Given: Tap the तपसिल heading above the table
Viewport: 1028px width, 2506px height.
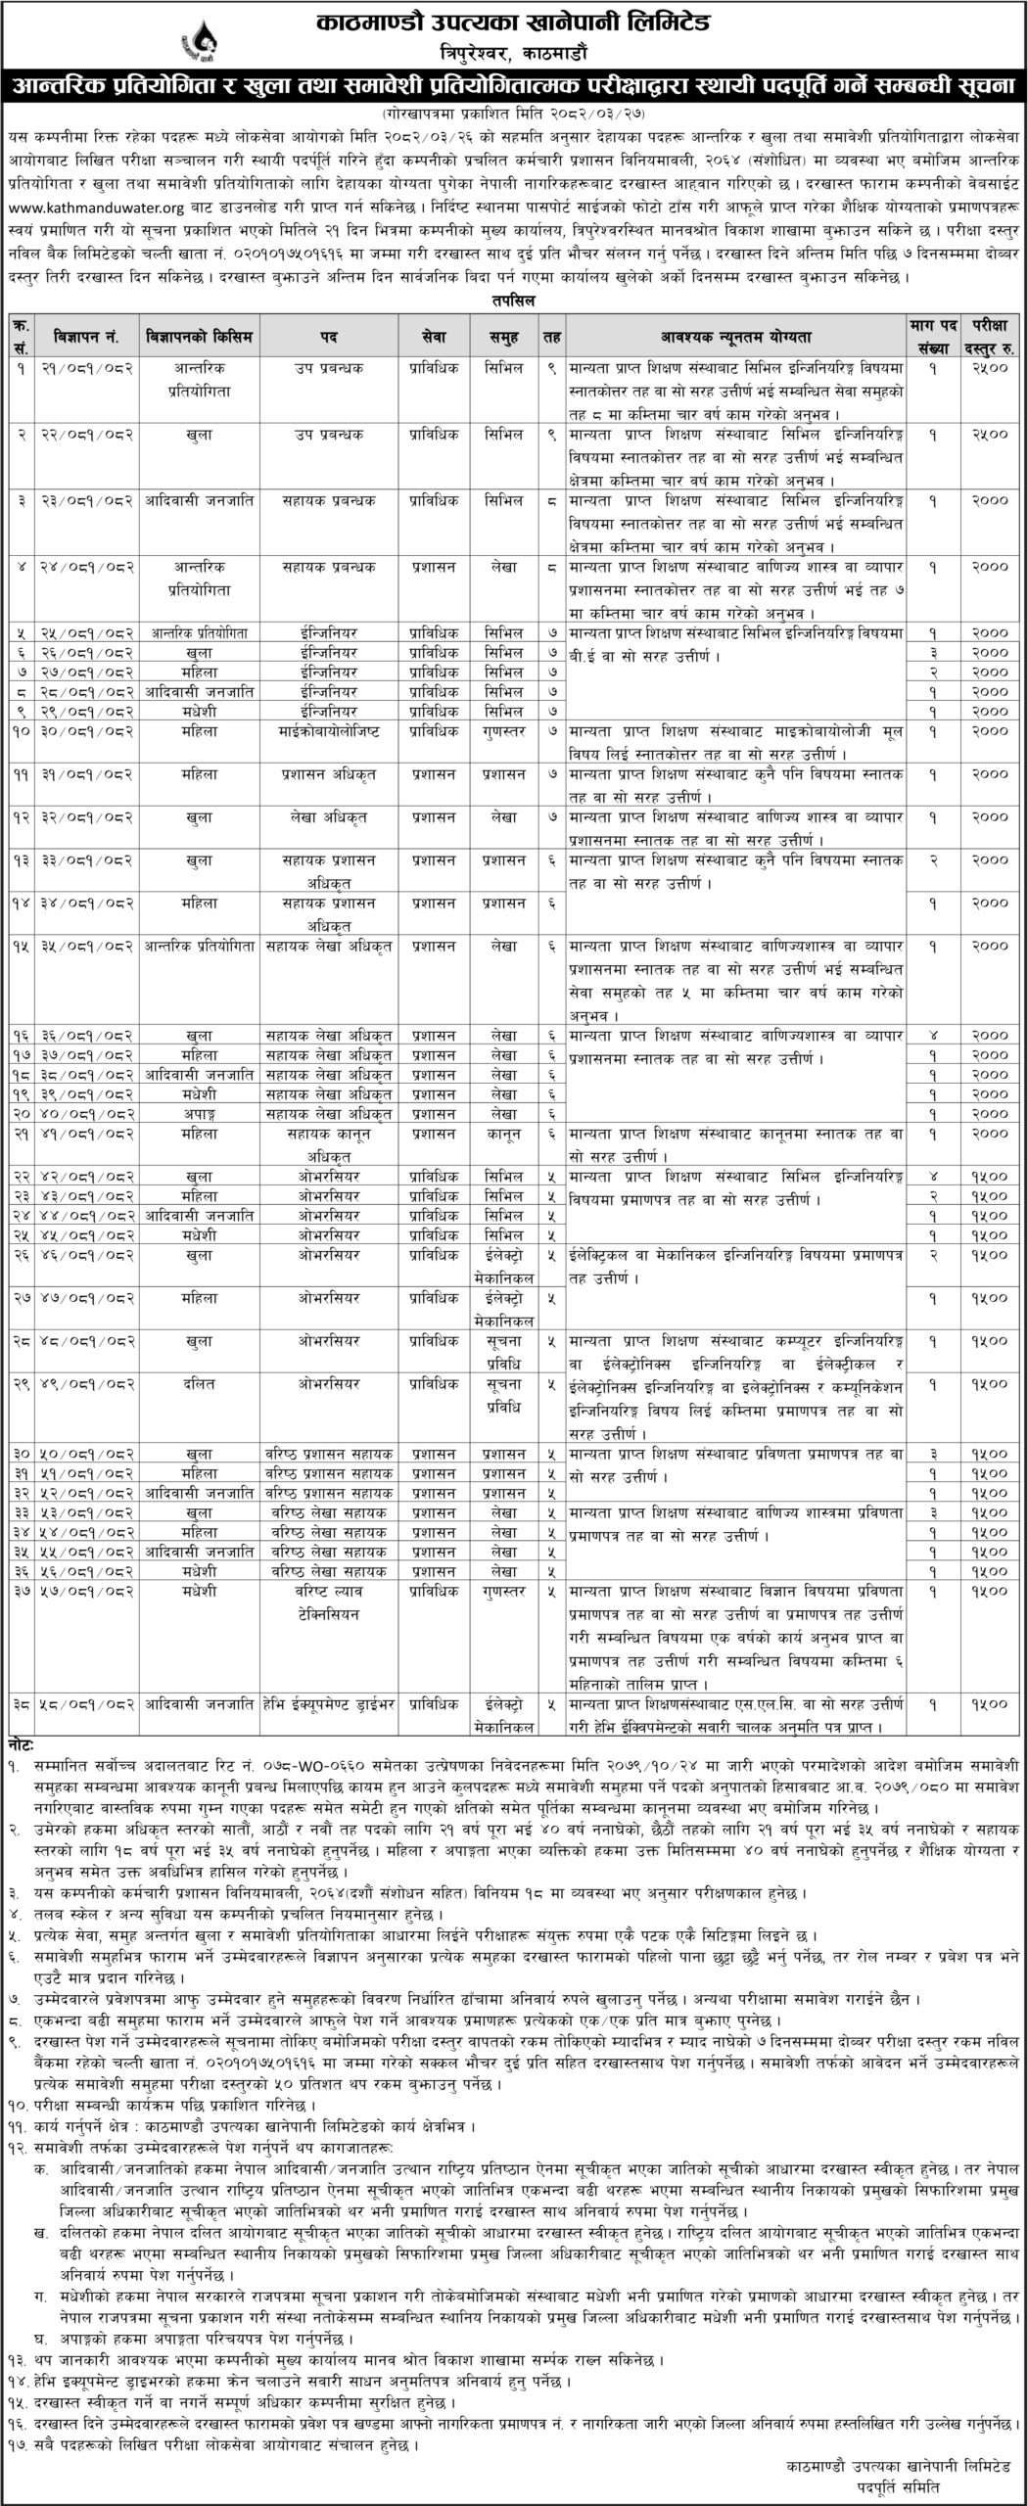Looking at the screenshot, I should (513, 300).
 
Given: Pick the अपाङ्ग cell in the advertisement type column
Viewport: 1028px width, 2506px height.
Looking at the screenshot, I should (199, 1112).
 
